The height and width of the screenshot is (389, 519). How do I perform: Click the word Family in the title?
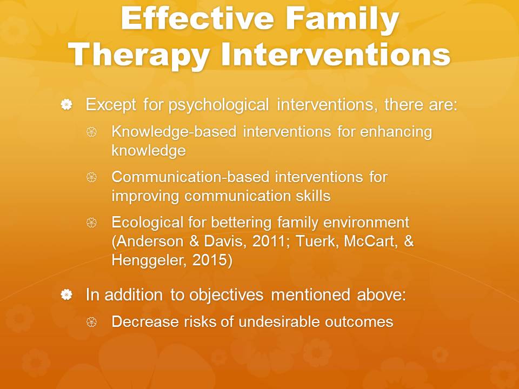(x=342, y=20)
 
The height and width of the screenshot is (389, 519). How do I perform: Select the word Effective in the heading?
(x=197, y=19)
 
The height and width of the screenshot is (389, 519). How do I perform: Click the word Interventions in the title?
(x=336, y=54)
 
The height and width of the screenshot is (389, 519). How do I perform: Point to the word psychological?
(x=218, y=105)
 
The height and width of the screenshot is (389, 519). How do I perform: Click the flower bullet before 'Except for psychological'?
(x=66, y=104)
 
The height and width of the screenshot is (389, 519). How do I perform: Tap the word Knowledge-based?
(x=174, y=132)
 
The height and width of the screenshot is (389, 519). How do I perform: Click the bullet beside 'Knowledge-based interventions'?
(x=91, y=132)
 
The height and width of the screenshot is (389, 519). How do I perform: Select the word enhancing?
(x=396, y=132)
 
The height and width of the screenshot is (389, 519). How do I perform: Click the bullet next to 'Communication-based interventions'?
(x=91, y=177)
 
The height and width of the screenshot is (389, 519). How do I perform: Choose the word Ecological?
(x=147, y=223)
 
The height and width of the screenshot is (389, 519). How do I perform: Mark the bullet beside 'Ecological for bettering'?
(x=91, y=222)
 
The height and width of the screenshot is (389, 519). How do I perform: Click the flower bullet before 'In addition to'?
(x=66, y=294)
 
